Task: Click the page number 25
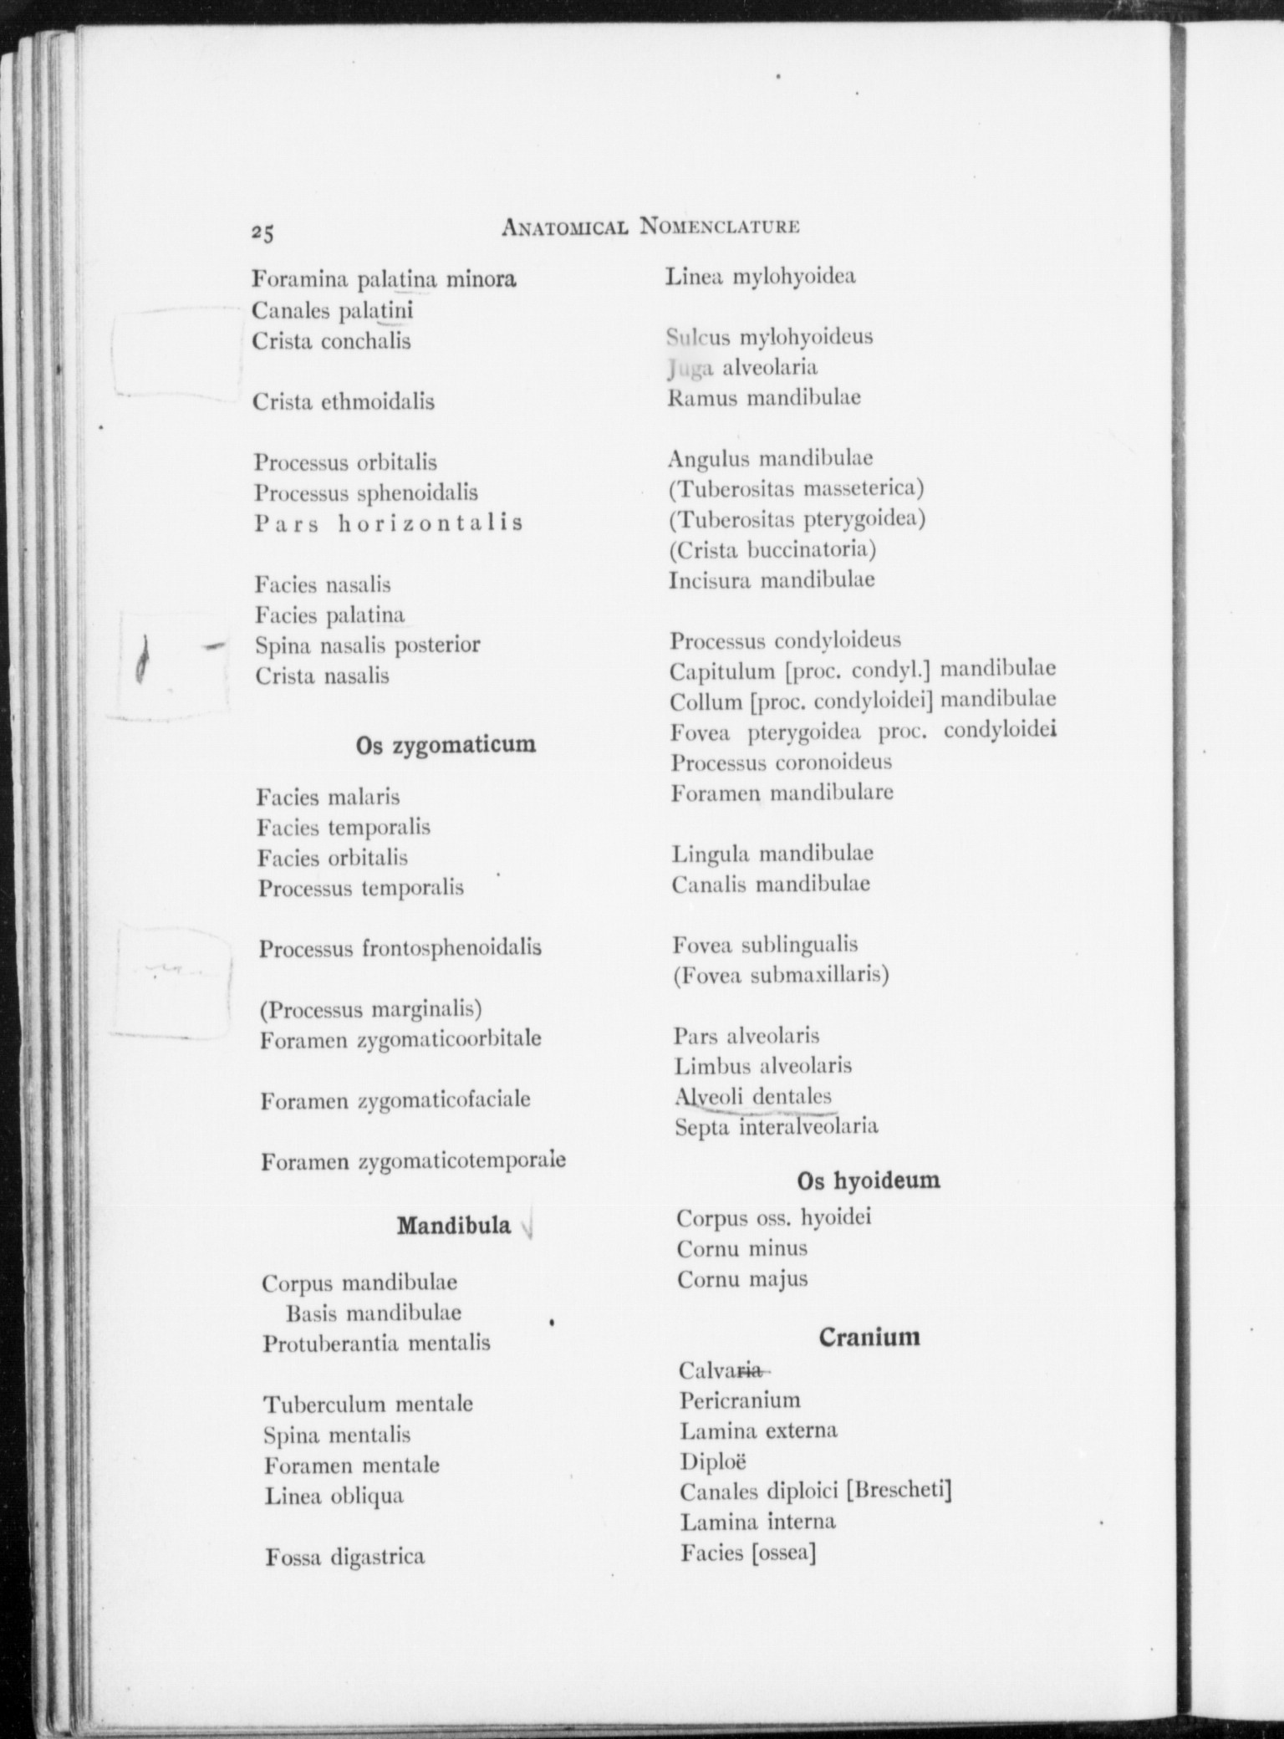(262, 234)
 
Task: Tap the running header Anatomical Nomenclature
(650, 226)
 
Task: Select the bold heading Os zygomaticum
(446, 744)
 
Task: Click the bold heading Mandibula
(454, 1226)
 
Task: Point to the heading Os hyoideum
(868, 1181)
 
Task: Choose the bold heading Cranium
(869, 1336)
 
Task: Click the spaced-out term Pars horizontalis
(389, 523)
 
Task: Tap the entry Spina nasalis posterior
(368, 645)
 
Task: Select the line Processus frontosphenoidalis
(400, 948)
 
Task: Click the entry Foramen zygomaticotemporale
(413, 1160)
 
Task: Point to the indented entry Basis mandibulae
(373, 1313)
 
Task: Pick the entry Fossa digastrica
(344, 1557)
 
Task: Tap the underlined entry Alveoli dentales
(753, 1096)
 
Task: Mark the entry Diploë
(713, 1461)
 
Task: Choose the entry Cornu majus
(742, 1279)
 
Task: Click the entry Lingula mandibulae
(772, 854)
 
